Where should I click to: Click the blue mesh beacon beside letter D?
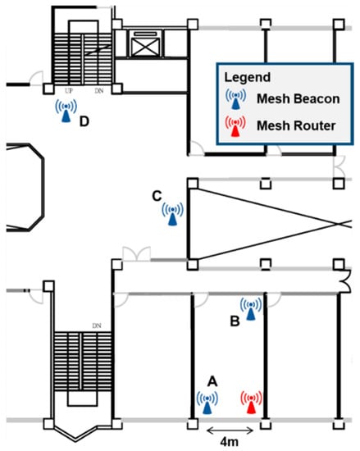tap(66, 111)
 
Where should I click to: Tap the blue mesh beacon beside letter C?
tap(172, 214)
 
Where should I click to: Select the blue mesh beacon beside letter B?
tap(251, 309)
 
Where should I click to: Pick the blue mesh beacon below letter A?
tap(207, 403)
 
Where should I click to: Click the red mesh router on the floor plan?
tap(251, 403)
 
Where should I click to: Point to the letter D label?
tap(84, 121)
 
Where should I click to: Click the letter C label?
tap(157, 196)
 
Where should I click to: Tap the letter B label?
tap(235, 321)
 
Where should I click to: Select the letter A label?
tap(212, 381)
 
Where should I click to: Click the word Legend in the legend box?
tap(248, 77)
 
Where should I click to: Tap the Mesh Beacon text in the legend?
tap(298, 98)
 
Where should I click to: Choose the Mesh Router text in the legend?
tap(296, 125)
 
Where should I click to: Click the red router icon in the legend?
tap(235, 126)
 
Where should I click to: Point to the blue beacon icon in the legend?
tap(236, 98)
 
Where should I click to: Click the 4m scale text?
tap(229, 441)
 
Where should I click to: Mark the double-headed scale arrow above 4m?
tap(230, 430)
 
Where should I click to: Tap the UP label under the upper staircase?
tap(69, 91)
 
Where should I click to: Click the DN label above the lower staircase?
tap(97, 326)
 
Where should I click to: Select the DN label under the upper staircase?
tap(99, 91)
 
